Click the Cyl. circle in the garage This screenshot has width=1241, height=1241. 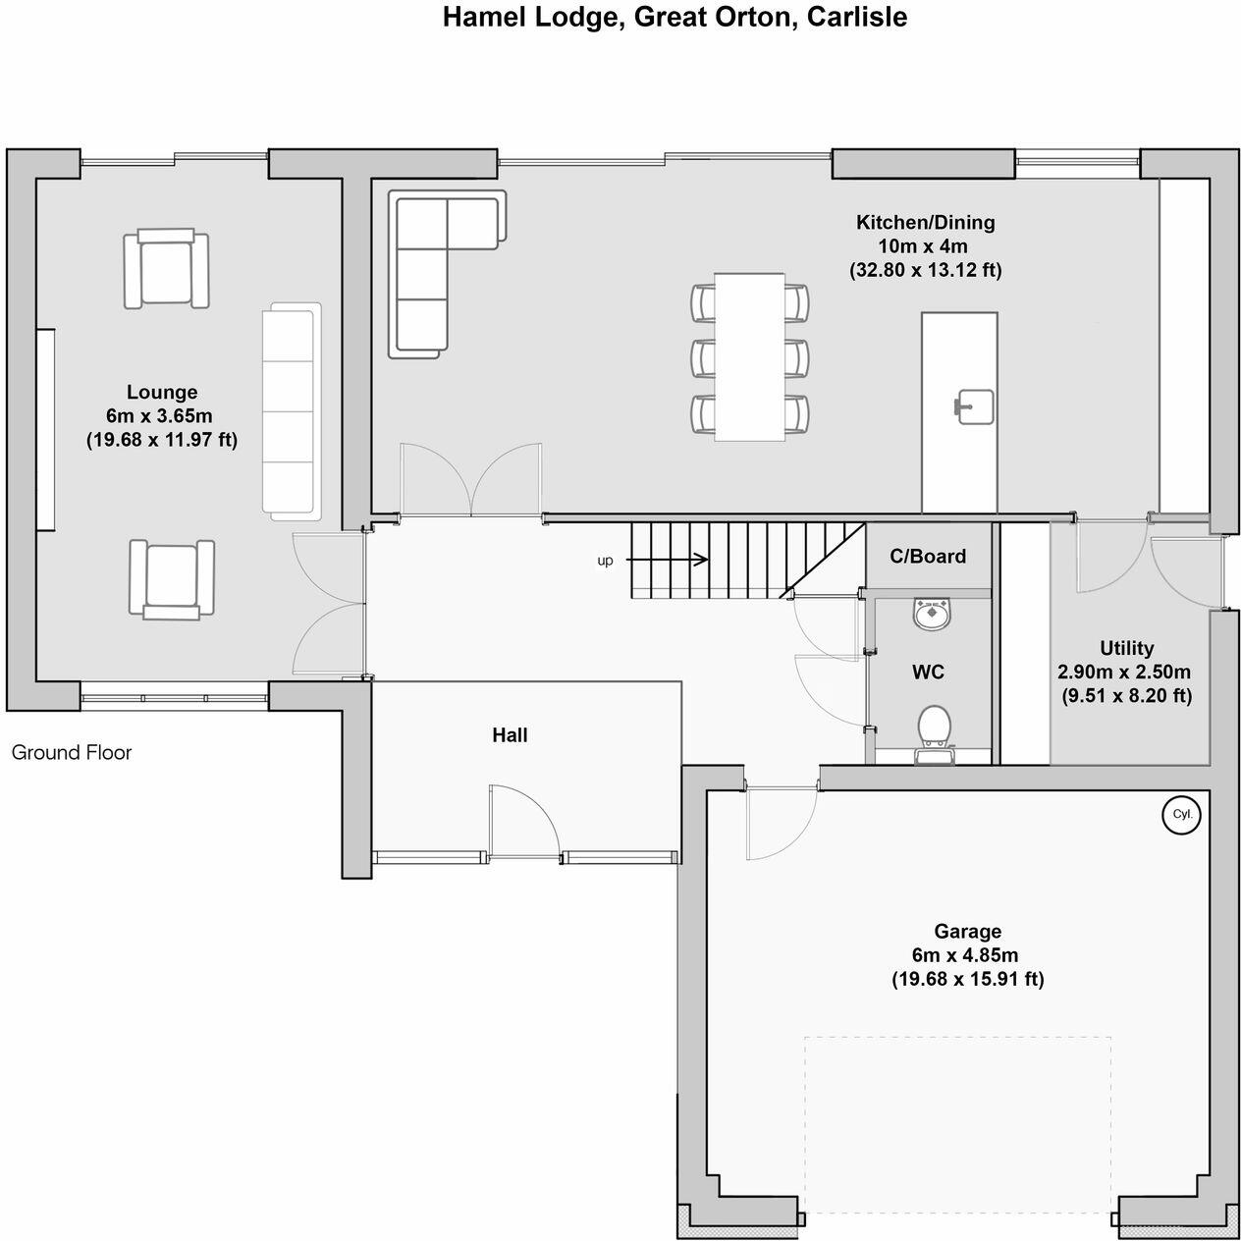click(1181, 814)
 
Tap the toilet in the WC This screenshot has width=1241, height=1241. click(934, 727)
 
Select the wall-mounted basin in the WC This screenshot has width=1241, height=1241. click(931, 614)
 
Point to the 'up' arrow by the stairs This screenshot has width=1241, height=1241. click(667, 560)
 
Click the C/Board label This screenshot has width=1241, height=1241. click(928, 556)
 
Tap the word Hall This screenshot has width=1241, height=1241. click(510, 734)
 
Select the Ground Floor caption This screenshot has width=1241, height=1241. click(72, 753)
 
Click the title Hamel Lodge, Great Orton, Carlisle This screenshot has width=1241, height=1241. click(674, 17)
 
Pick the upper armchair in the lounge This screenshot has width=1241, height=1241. click(167, 269)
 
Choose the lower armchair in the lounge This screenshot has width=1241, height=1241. click(171, 578)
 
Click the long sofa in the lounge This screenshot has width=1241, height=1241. click(292, 411)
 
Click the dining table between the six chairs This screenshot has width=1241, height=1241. click(749, 356)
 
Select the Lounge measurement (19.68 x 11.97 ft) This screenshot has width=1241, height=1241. click(162, 440)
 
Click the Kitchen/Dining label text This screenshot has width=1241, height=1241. click(925, 222)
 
